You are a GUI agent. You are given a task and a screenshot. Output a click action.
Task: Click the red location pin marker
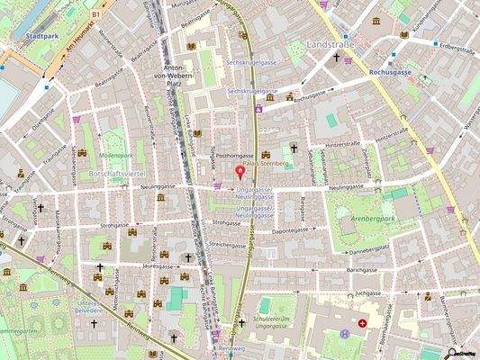pyautogui.click(x=240, y=171)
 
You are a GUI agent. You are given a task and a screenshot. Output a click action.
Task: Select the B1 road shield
pyautogui.click(x=96, y=14)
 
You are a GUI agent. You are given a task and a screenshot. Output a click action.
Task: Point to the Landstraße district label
pyautogui.click(x=331, y=43)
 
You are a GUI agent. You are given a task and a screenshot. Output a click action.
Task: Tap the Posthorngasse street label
pyautogui.click(x=235, y=154)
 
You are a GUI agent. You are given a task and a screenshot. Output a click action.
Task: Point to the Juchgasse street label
pyautogui.click(x=369, y=293)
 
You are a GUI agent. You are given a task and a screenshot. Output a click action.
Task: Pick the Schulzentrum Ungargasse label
pyautogui.click(x=276, y=323)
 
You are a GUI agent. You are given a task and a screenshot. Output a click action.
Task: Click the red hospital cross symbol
pyautogui.click(x=362, y=322)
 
